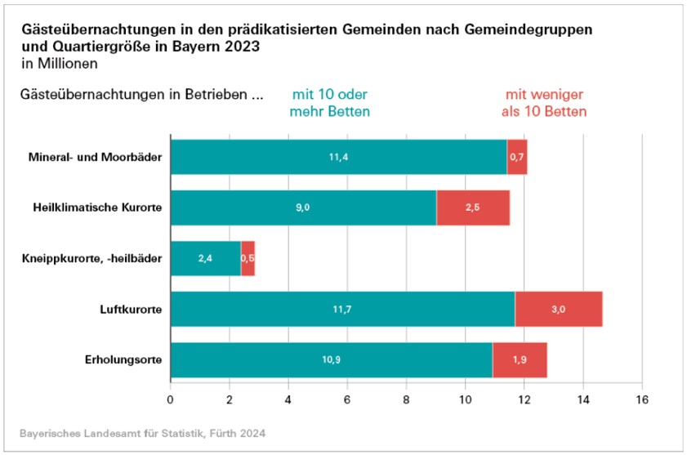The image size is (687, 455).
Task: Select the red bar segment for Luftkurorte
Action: [x=559, y=310]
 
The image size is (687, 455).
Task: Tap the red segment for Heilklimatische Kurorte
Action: [x=473, y=208]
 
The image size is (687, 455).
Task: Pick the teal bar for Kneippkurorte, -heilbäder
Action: [x=205, y=259]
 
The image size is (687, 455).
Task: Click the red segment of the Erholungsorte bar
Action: [x=520, y=360]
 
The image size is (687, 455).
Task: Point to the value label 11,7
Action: [x=343, y=310]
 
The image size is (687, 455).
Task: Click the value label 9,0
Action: [x=302, y=208]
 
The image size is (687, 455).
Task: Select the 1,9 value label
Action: [x=520, y=360]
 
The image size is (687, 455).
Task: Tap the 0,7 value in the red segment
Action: [x=517, y=158]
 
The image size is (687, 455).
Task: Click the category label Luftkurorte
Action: [x=130, y=310]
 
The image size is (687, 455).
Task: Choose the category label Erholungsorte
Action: [x=123, y=360]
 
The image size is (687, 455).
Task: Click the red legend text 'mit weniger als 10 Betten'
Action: [x=546, y=103]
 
